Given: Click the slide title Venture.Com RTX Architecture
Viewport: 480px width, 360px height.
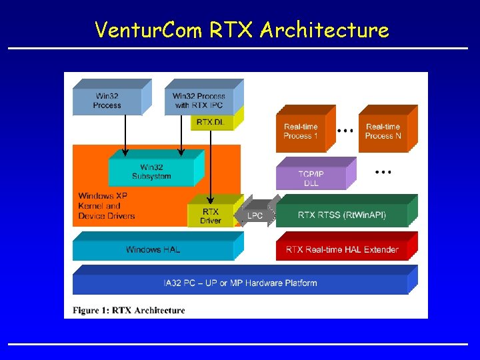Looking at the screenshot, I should click(x=241, y=29).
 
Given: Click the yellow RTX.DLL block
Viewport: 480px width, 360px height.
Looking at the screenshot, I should click(x=212, y=122).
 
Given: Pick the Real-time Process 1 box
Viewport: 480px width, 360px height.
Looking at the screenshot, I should click(x=301, y=131).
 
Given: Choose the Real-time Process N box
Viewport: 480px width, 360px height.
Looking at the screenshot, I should click(x=383, y=131).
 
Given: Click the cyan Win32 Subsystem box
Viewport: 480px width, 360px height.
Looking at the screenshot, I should click(x=151, y=172).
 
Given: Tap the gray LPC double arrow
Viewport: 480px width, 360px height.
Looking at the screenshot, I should click(x=255, y=215).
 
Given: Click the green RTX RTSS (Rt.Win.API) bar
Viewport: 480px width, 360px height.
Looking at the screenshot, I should click(x=341, y=215).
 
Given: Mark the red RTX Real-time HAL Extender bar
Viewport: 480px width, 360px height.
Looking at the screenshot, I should click(x=342, y=250).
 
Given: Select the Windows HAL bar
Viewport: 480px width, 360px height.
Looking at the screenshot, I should click(x=153, y=250).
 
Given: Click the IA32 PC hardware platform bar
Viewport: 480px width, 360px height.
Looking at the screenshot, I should click(x=240, y=283).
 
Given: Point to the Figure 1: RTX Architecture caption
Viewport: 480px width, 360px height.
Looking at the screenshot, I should click(x=129, y=310).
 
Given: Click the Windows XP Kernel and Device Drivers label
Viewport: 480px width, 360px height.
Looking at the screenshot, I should click(x=107, y=206).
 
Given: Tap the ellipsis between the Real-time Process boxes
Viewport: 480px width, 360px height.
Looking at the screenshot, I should click(x=345, y=131).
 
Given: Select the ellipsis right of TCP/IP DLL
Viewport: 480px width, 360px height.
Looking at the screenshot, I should click(x=382, y=172).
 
